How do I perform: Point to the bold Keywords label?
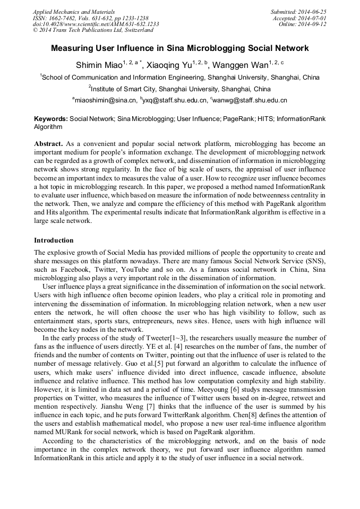click(x=51, y=119)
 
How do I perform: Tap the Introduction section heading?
click(x=54, y=240)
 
